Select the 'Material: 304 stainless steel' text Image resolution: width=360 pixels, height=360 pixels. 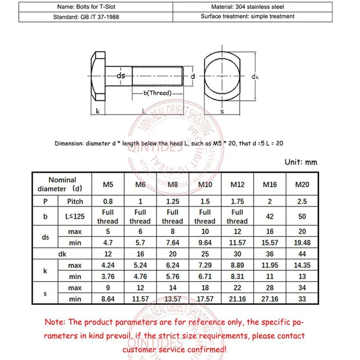tap(247, 6)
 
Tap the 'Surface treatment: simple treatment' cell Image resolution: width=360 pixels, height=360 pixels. tap(247, 17)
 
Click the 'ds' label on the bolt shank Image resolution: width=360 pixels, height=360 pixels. tap(121, 75)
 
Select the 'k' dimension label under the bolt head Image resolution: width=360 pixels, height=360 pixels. tap(98, 111)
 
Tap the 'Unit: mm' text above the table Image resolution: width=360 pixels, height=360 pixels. tap(301, 162)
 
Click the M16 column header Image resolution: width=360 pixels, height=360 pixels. tap(270, 184)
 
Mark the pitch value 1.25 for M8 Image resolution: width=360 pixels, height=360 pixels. tap(172, 201)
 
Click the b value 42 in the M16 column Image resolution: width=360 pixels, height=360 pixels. tap(270, 217)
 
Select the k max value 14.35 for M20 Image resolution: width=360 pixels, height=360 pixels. tap(303, 264)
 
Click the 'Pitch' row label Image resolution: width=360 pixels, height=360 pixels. tap(75, 201)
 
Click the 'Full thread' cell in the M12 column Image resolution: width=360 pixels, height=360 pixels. tap(237, 217)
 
